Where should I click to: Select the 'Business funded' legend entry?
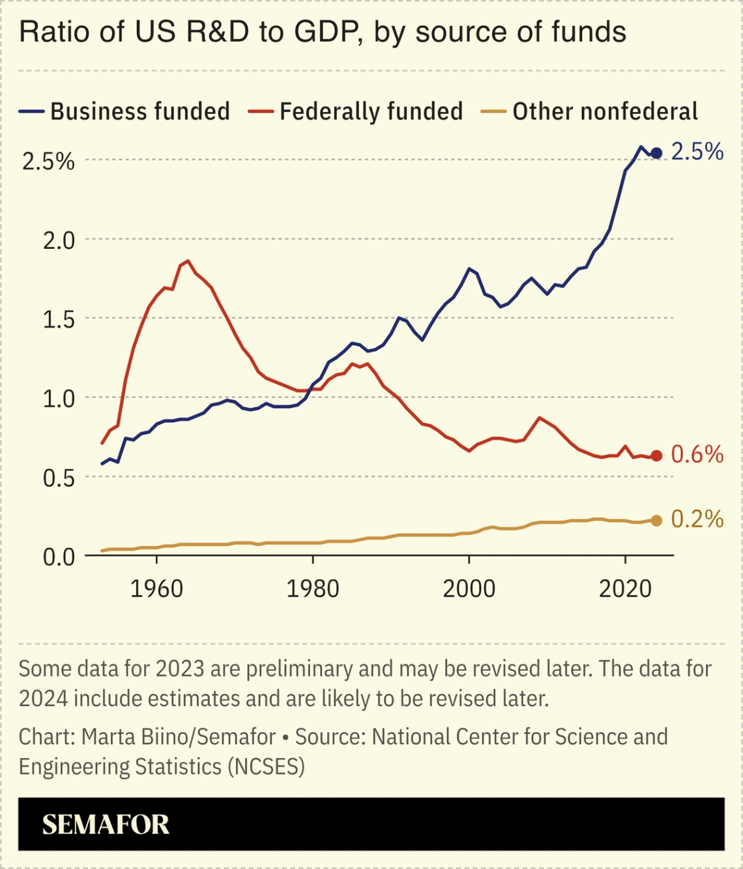139,111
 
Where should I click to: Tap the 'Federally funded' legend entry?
371,111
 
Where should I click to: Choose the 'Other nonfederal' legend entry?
604,111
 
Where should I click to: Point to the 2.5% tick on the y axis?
48,161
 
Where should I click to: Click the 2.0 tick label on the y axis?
59,240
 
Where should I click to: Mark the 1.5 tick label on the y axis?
59,320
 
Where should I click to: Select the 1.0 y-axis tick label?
59,399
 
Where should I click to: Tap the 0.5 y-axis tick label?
59,478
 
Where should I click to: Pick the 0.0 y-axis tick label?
59,557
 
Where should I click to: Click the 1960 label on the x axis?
156,589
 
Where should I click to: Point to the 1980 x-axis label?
313,589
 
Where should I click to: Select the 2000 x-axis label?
469,589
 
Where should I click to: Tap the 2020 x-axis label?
625,589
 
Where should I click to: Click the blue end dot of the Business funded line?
656,153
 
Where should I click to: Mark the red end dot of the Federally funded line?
656,456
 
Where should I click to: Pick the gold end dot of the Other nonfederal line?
656,520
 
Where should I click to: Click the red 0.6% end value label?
697,454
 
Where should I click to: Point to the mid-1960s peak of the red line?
188,261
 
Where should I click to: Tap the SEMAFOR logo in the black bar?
106,825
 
